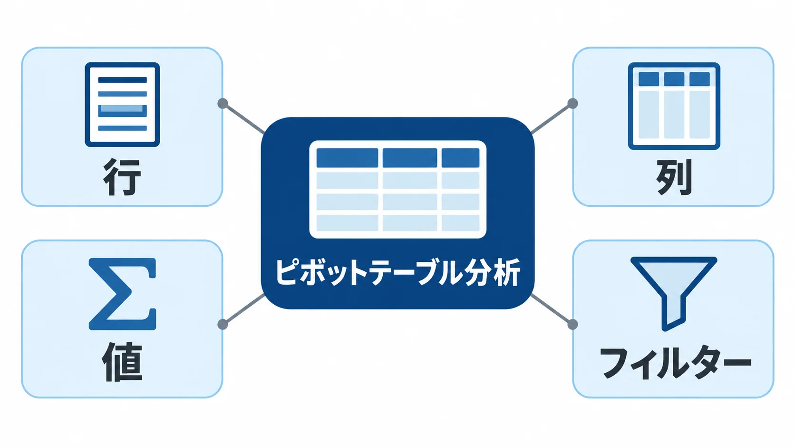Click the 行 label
tap(123, 177)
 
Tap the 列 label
tap(674, 177)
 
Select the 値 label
tap(123, 362)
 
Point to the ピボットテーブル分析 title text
tap(397, 273)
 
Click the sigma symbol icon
tap(123, 294)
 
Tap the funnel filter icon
tap(674, 293)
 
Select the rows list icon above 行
tap(123, 104)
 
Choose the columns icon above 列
tap(674, 106)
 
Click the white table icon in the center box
tap(398, 189)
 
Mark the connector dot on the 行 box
tap(223, 103)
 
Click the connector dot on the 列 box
tap(572, 103)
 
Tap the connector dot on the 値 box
tap(223, 324)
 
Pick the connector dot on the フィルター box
tap(572, 324)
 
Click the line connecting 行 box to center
tap(243, 119)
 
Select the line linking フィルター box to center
tap(552, 309)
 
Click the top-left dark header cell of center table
tap(347, 158)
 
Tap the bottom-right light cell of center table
tap(460, 223)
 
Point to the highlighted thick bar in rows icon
tap(123, 110)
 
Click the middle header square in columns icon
tap(674, 79)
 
